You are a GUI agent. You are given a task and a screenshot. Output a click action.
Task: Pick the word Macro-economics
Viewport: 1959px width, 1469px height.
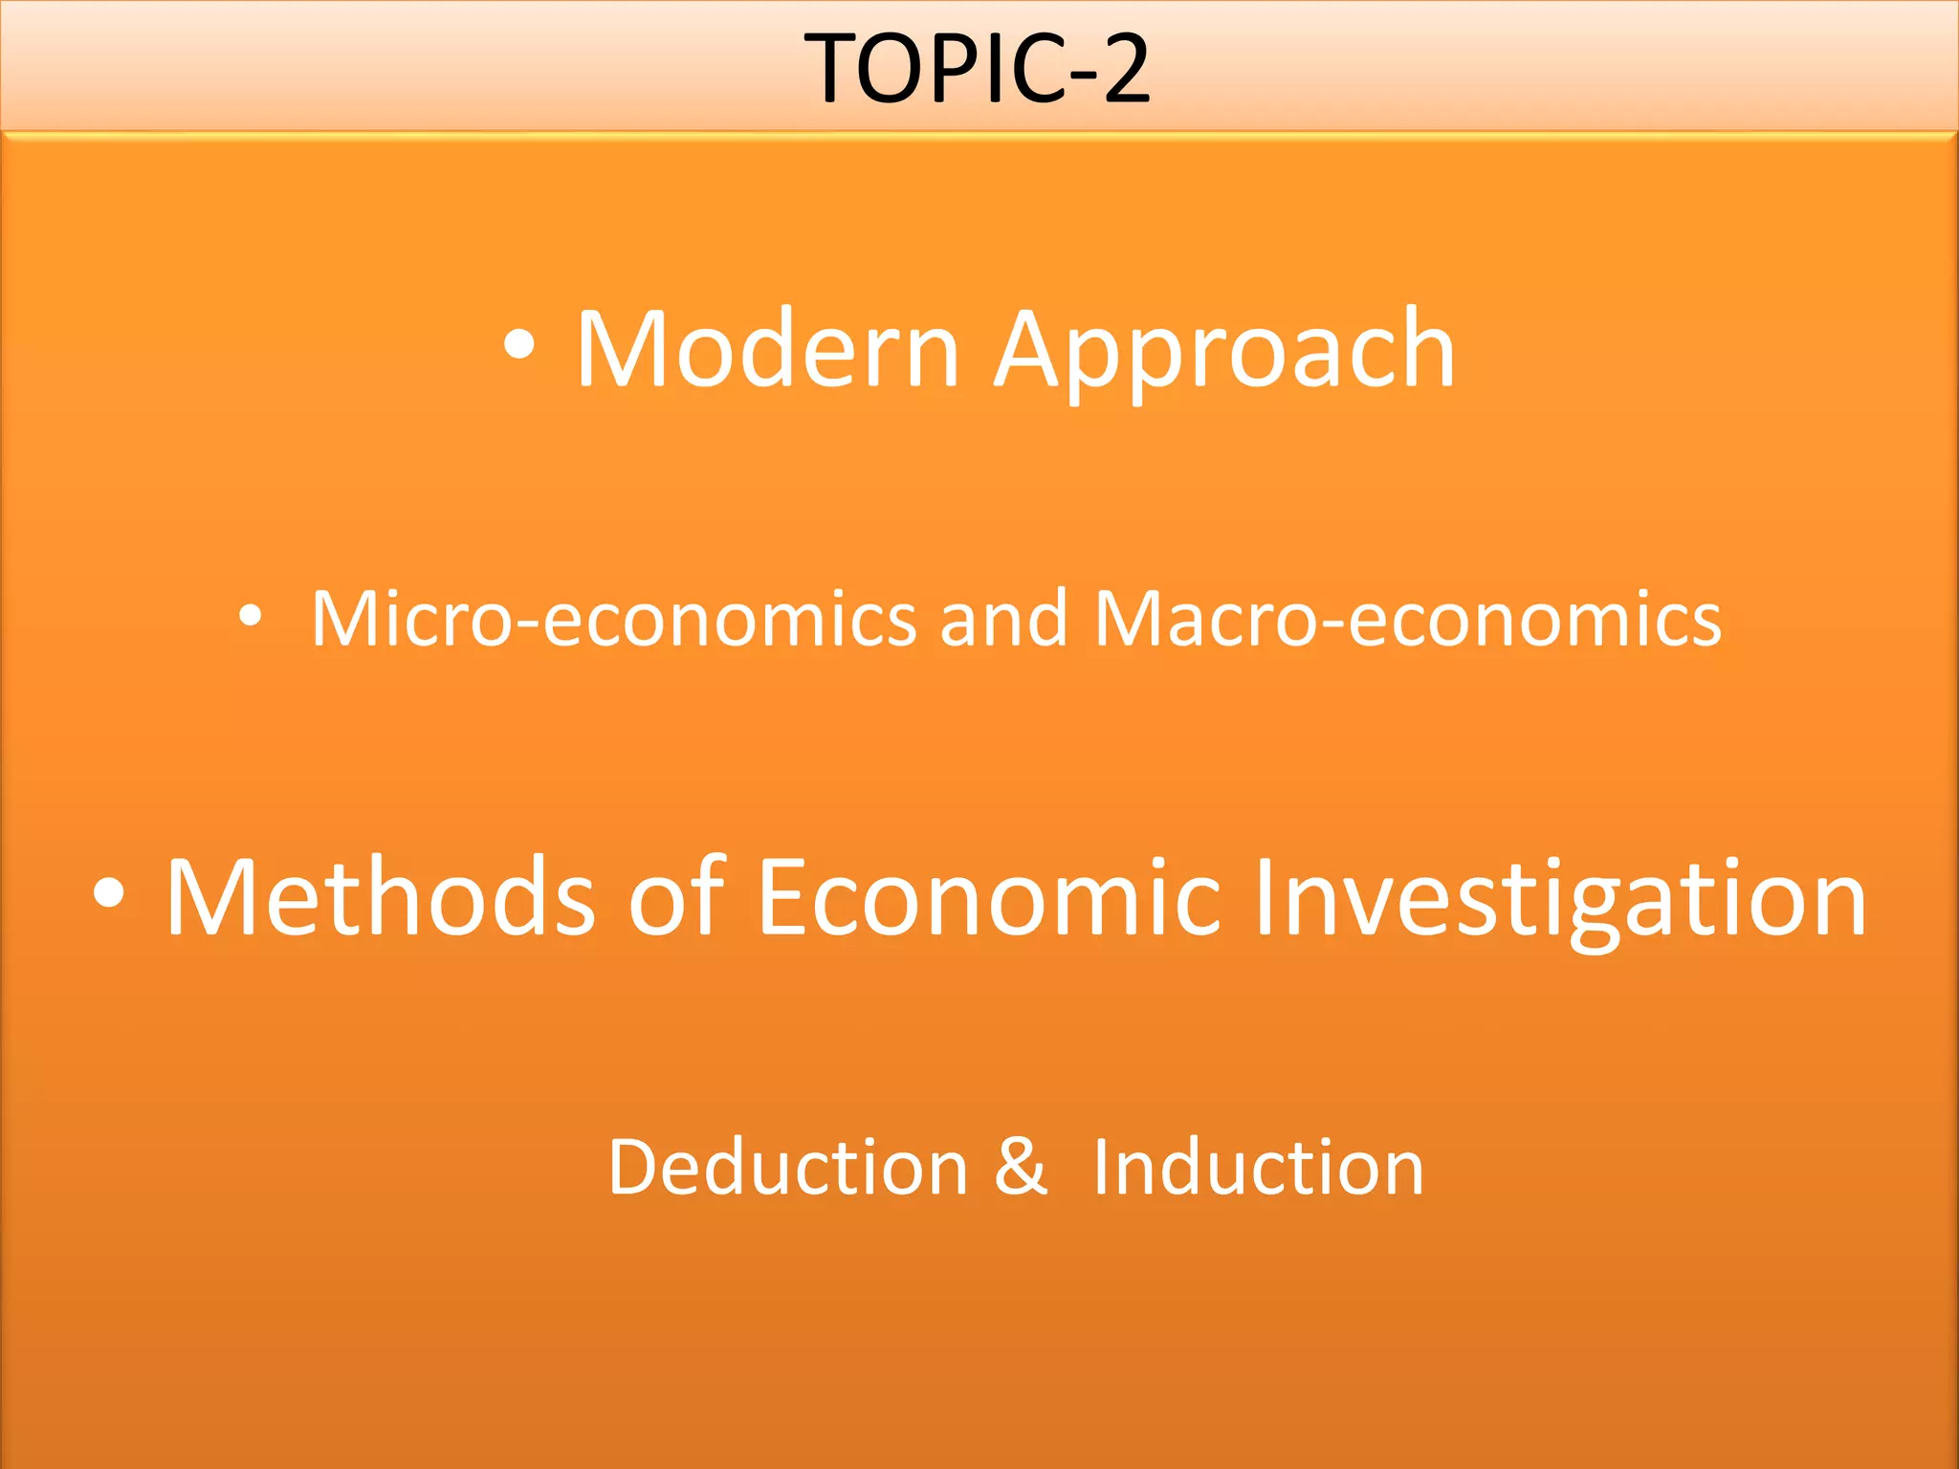pos(1407,620)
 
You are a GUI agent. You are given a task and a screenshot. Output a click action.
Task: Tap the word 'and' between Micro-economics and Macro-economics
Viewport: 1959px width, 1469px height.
pos(1003,620)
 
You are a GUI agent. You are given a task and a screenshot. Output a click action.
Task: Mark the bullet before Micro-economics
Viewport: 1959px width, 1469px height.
pos(251,618)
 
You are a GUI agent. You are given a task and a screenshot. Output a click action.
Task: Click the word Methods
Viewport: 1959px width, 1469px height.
pos(380,897)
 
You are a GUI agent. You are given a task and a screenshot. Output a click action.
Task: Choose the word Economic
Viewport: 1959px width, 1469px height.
pos(989,897)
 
